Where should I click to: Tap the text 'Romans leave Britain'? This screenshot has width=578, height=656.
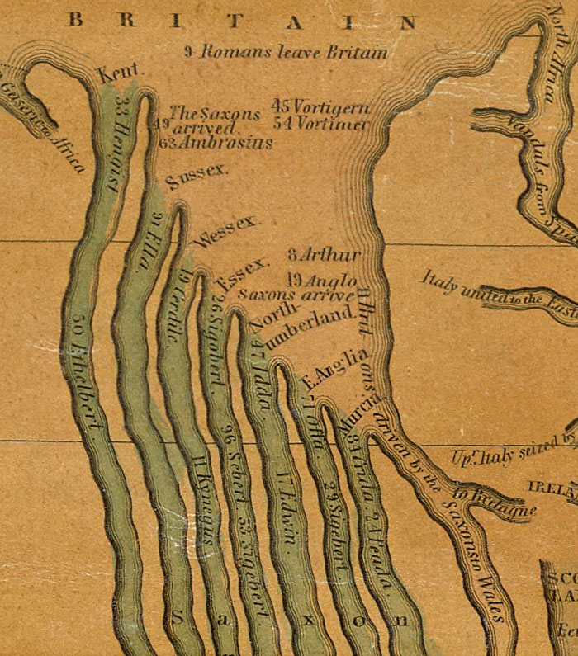pyautogui.click(x=286, y=52)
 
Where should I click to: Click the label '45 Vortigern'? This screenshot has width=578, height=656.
pyautogui.click(x=320, y=107)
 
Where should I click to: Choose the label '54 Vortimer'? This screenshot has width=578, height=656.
pyautogui.click(x=320, y=124)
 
